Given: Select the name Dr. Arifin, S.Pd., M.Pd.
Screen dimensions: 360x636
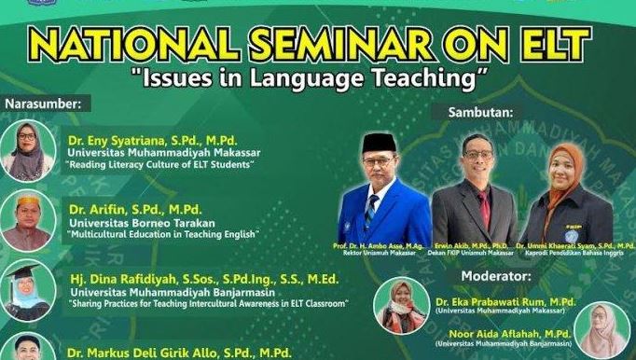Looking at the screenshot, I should (x=134, y=209).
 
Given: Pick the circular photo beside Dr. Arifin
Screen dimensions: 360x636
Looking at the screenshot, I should (x=28, y=221).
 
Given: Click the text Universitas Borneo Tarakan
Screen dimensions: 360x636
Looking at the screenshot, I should (x=136, y=222).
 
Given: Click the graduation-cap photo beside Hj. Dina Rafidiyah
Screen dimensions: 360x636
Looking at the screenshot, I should (x=28, y=290).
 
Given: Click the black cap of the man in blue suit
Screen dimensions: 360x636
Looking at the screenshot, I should (x=375, y=141).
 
